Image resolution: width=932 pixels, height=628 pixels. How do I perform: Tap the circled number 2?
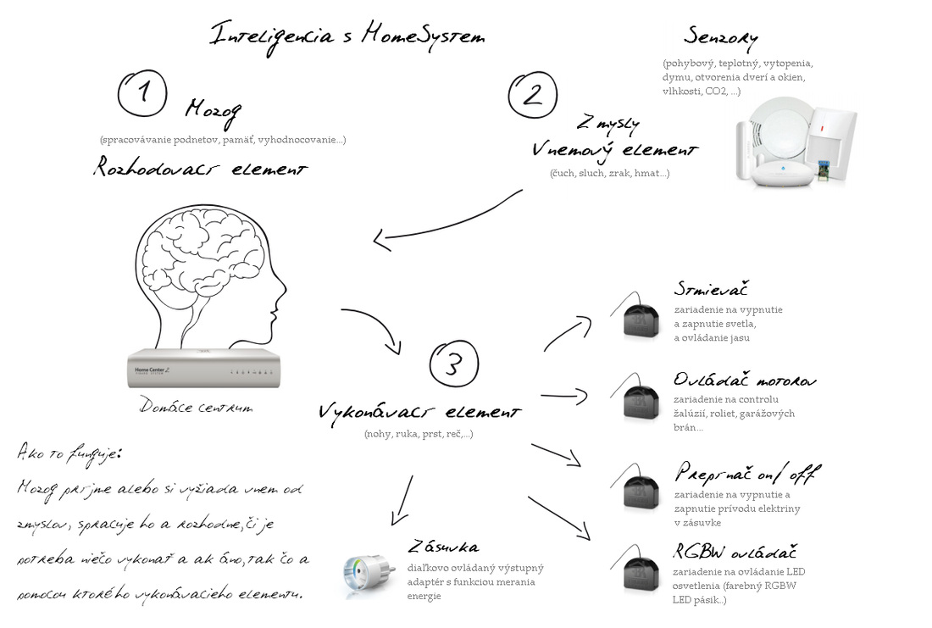pos(532,92)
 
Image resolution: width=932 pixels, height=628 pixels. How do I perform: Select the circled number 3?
pos(455,364)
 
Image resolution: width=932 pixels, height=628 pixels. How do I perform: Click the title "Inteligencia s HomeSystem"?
pos(347,36)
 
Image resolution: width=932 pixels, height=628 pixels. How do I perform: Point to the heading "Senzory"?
pos(720,38)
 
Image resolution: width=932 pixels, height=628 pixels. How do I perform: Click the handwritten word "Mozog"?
pos(214,110)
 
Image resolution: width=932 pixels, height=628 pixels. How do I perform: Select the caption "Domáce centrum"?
pos(196,408)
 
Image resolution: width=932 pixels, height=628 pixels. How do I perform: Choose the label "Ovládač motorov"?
pos(746,380)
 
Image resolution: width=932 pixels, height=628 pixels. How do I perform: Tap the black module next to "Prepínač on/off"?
pos(641,491)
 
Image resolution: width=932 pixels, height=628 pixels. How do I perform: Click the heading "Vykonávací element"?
pos(419,413)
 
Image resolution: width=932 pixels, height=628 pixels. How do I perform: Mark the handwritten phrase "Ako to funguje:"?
pos(69,453)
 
